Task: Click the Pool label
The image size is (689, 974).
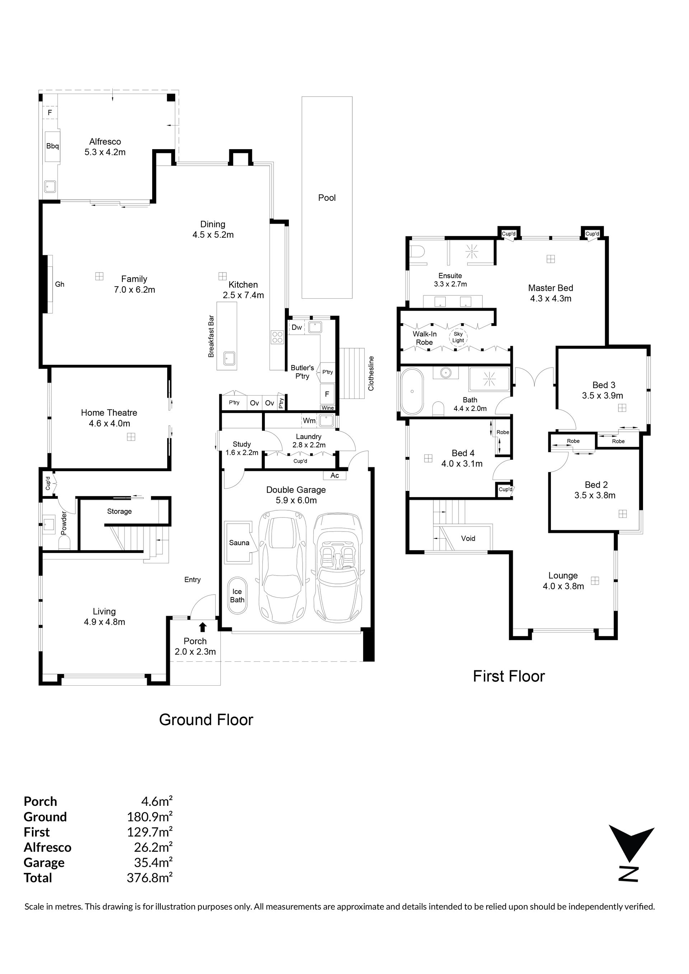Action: (327, 198)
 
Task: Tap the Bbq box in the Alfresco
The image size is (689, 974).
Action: (53, 146)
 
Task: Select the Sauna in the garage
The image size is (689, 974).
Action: (239, 543)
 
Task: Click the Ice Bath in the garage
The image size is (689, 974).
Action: (237, 595)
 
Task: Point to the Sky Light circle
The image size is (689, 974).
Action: (458, 337)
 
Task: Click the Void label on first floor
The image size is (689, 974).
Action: (468, 538)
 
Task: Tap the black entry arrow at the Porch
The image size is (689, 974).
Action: (203, 627)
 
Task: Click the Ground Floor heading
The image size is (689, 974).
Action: (206, 719)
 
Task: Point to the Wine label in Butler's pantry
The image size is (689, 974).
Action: (328, 408)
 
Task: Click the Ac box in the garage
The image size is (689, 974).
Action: (335, 475)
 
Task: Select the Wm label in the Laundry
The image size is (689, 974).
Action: (309, 420)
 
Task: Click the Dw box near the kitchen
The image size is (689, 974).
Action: (297, 327)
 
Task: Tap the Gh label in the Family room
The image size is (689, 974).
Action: (60, 284)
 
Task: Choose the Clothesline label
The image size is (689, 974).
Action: (371, 373)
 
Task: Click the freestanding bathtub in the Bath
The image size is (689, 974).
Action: (412, 391)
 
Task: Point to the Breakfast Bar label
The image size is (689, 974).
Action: (211, 336)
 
